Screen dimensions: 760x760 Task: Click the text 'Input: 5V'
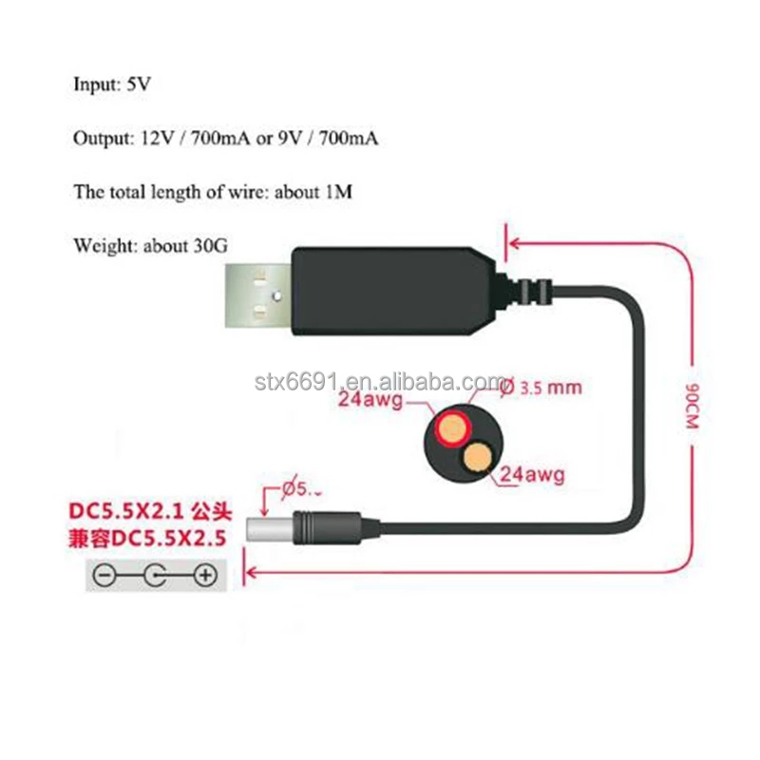pos(112,84)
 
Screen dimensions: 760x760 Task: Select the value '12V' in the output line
pos(153,139)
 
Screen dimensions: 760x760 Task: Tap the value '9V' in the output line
pos(286,139)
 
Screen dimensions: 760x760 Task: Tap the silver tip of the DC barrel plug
pos(258,527)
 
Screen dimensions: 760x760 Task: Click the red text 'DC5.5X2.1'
pos(129,511)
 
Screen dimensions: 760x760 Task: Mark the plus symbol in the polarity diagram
pos(205,575)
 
